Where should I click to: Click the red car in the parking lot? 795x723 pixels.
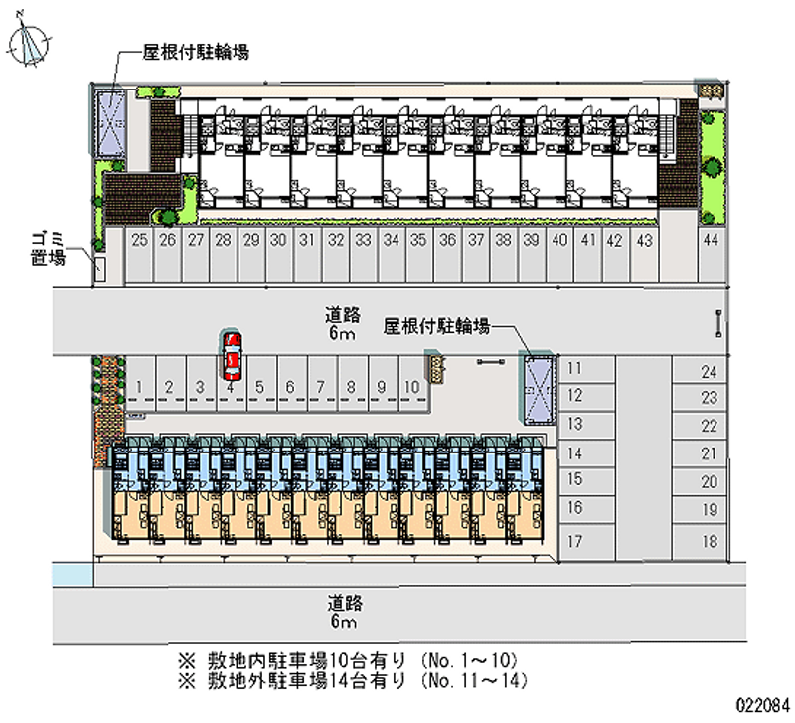coord(232,357)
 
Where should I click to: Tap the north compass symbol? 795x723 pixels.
coord(31,41)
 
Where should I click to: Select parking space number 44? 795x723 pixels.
coord(710,240)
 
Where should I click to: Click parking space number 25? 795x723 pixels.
coord(139,240)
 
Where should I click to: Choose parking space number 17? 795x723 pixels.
coord(574,542)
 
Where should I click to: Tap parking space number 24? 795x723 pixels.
coord(709,373)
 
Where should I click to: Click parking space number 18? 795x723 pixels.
coord(709,541)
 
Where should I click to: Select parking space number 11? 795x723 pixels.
coord(574,368)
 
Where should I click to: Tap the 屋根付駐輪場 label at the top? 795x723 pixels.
coord(196,52)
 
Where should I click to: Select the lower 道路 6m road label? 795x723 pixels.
coord(343,612)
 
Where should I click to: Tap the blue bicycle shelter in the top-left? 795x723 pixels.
coord(109,122)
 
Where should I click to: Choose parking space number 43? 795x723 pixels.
coord(644,240)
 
